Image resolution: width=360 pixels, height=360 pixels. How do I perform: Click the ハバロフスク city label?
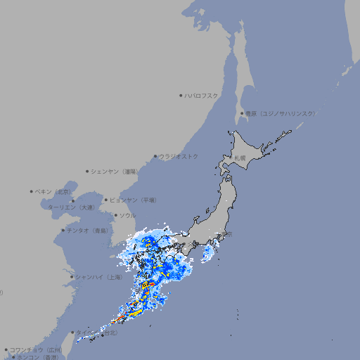[202, 96]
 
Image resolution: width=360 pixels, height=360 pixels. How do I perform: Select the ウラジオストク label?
[179, 157]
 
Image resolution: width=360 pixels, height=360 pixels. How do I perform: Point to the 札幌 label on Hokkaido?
[240, 157]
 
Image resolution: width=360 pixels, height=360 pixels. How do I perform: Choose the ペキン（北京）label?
[54, 191]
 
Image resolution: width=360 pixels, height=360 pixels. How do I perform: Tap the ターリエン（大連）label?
[71, 207]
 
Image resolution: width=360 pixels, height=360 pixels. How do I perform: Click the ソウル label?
[127, 215]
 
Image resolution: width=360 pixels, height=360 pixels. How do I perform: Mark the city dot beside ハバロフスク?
[181, 96]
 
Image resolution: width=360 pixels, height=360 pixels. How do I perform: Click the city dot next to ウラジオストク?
[155, 157]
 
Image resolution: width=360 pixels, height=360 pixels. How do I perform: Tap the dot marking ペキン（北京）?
[32, 191]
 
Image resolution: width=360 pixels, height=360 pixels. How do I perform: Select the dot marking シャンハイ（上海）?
[72, 277]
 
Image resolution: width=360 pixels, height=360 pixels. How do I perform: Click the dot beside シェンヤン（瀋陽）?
[87, 171]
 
